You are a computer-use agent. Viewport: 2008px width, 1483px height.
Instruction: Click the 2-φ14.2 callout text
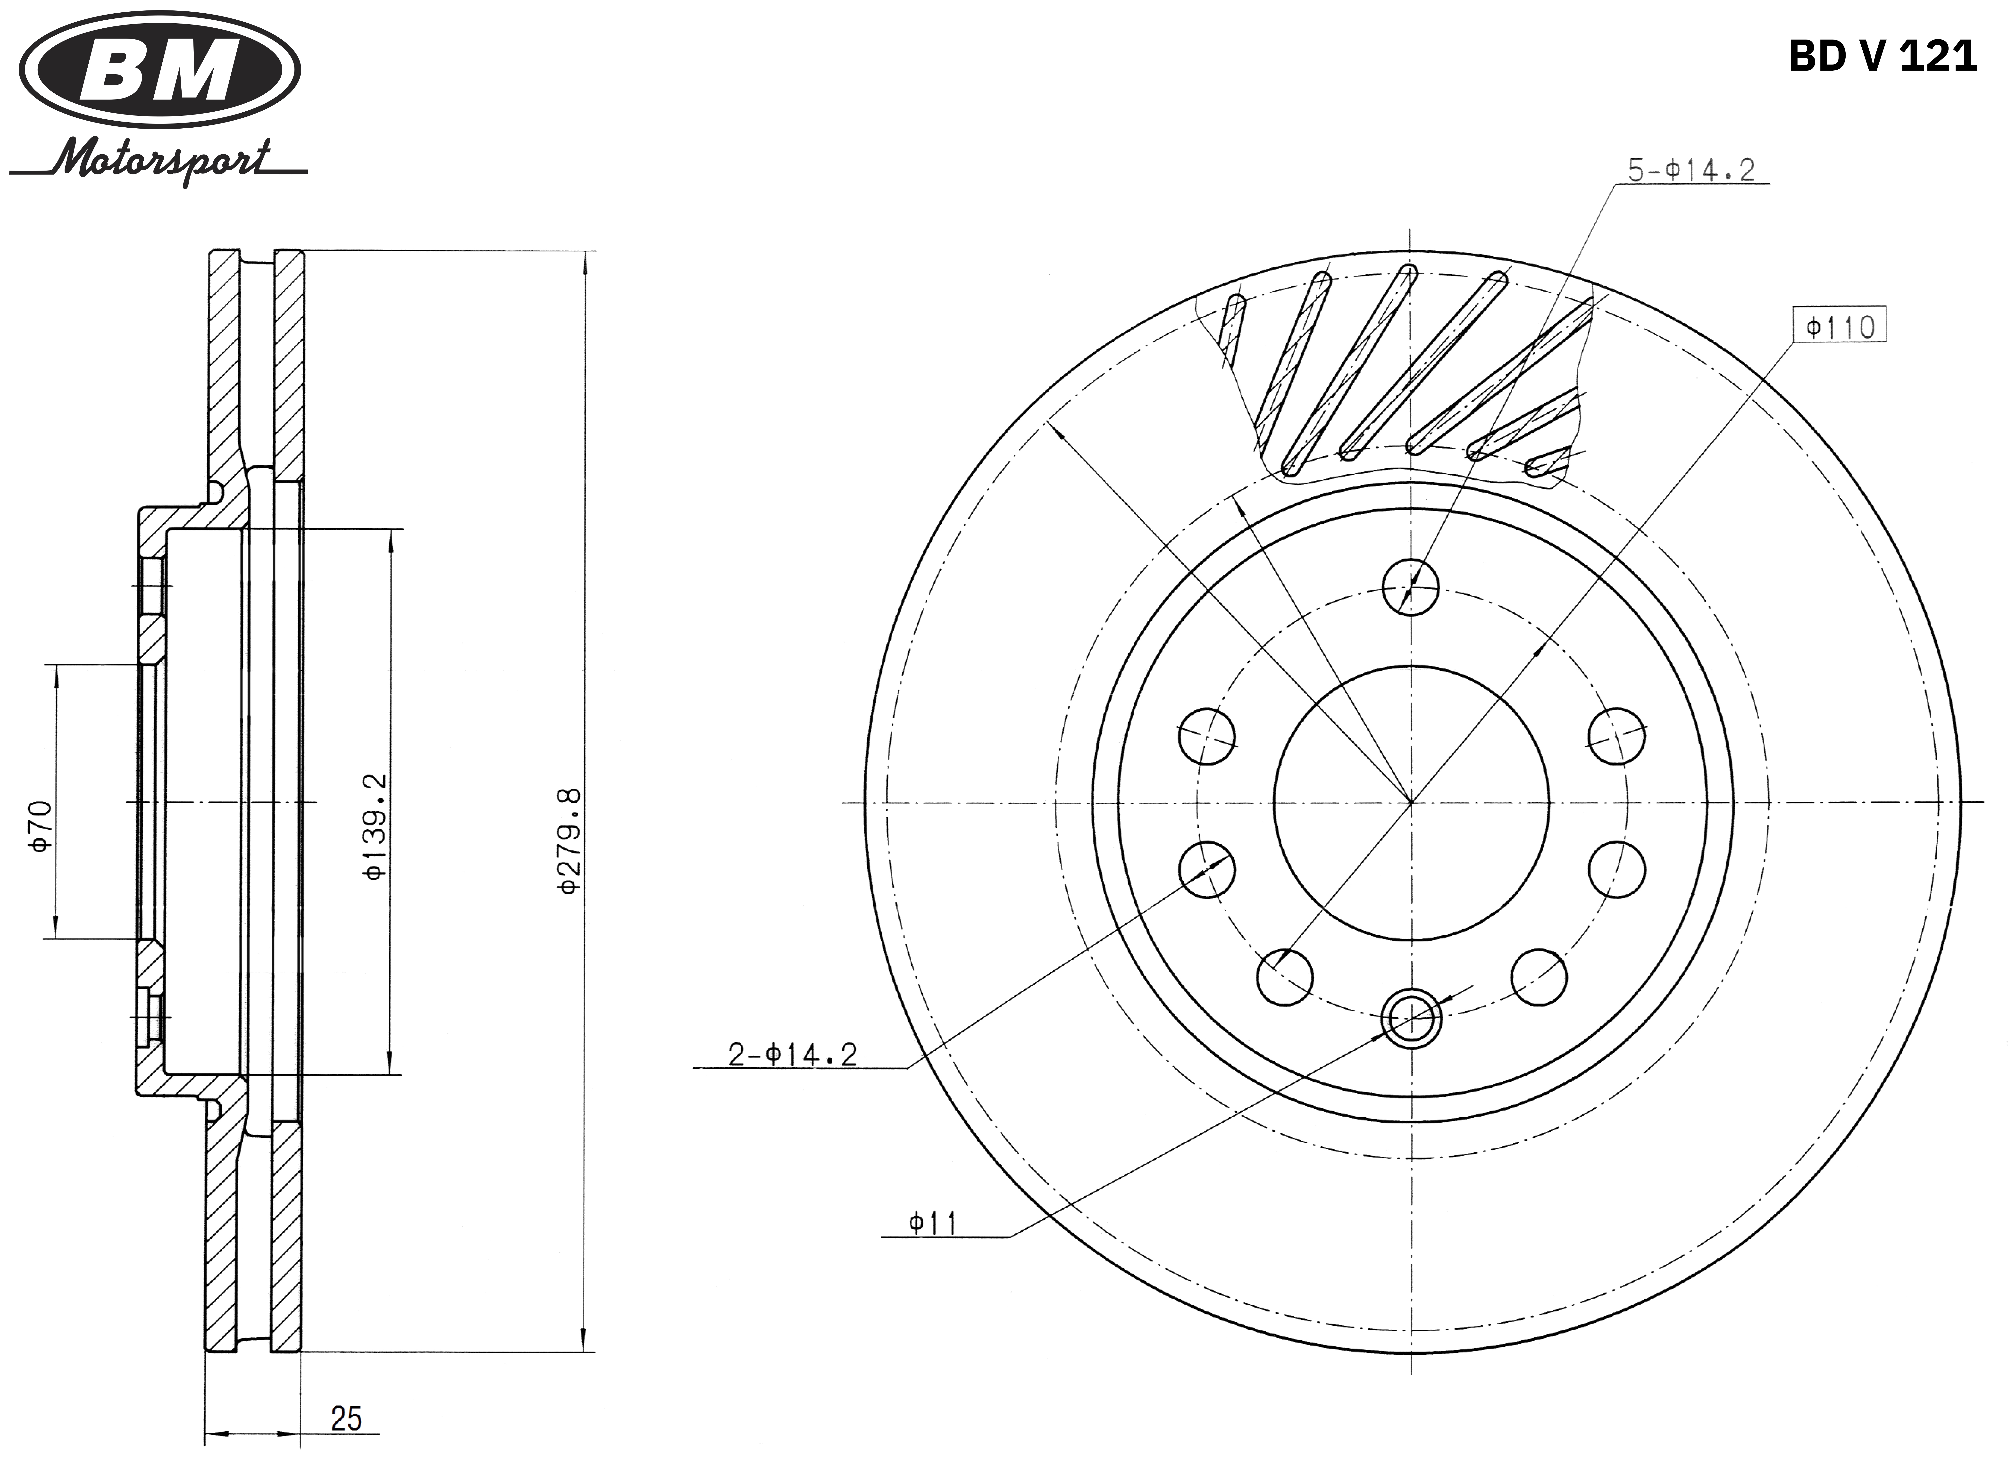tap(792, 1054)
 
